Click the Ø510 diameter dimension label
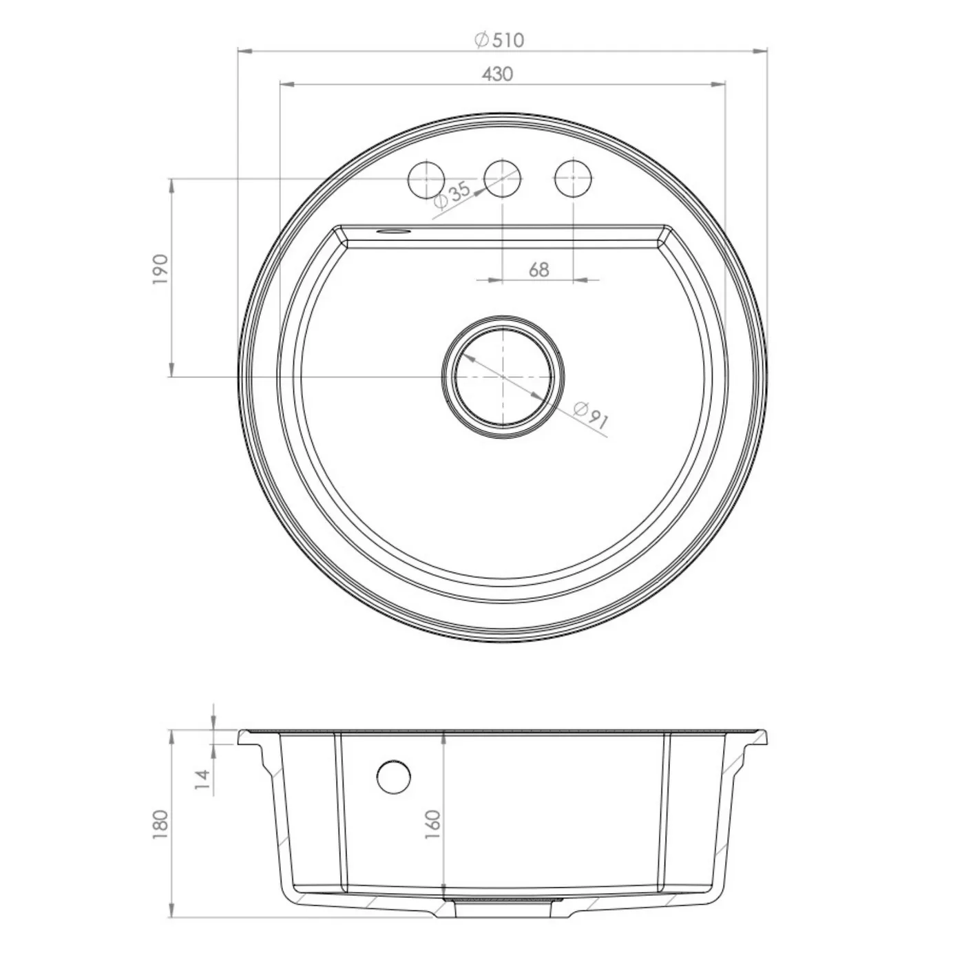click(499, 40)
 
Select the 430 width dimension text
click(497, 74)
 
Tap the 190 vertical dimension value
click(161, 269)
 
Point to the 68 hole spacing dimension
click(538, 270)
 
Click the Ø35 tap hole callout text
click(452, 195)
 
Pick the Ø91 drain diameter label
click(591, 415)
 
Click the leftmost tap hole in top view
click(426, 178)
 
